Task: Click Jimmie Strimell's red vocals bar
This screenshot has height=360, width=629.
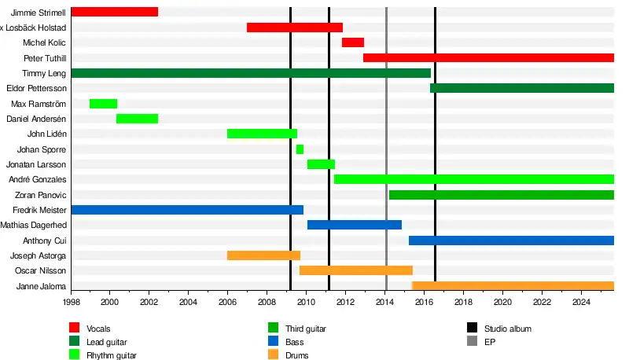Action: [114, 12]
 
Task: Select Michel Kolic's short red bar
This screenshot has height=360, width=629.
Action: [353, 42]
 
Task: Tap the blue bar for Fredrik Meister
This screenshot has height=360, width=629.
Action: [187, 210]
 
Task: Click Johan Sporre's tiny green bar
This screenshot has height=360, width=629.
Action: [300, 149]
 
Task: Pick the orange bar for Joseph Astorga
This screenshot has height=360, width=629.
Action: [263, 255]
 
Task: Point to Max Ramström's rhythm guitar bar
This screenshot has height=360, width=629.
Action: [104, 104]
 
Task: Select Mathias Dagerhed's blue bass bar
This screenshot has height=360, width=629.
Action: [354, 225]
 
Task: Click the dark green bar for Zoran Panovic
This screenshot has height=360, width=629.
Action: [501, 195]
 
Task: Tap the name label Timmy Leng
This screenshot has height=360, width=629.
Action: [46, 73]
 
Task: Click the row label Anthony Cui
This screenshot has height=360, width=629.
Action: [45, 241]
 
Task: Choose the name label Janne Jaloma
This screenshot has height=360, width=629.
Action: [42, 286]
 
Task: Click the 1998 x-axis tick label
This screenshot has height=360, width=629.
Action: [70, 302]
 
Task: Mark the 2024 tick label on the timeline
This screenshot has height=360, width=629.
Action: [581, 302]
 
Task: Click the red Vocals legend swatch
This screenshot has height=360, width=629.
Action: [75, 328]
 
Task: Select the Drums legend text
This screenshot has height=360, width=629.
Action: [296, 355]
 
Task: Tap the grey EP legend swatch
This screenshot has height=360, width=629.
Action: [472, 342]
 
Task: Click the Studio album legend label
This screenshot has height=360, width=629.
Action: [510, 329]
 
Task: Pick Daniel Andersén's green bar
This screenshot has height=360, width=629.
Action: [137, 119]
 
